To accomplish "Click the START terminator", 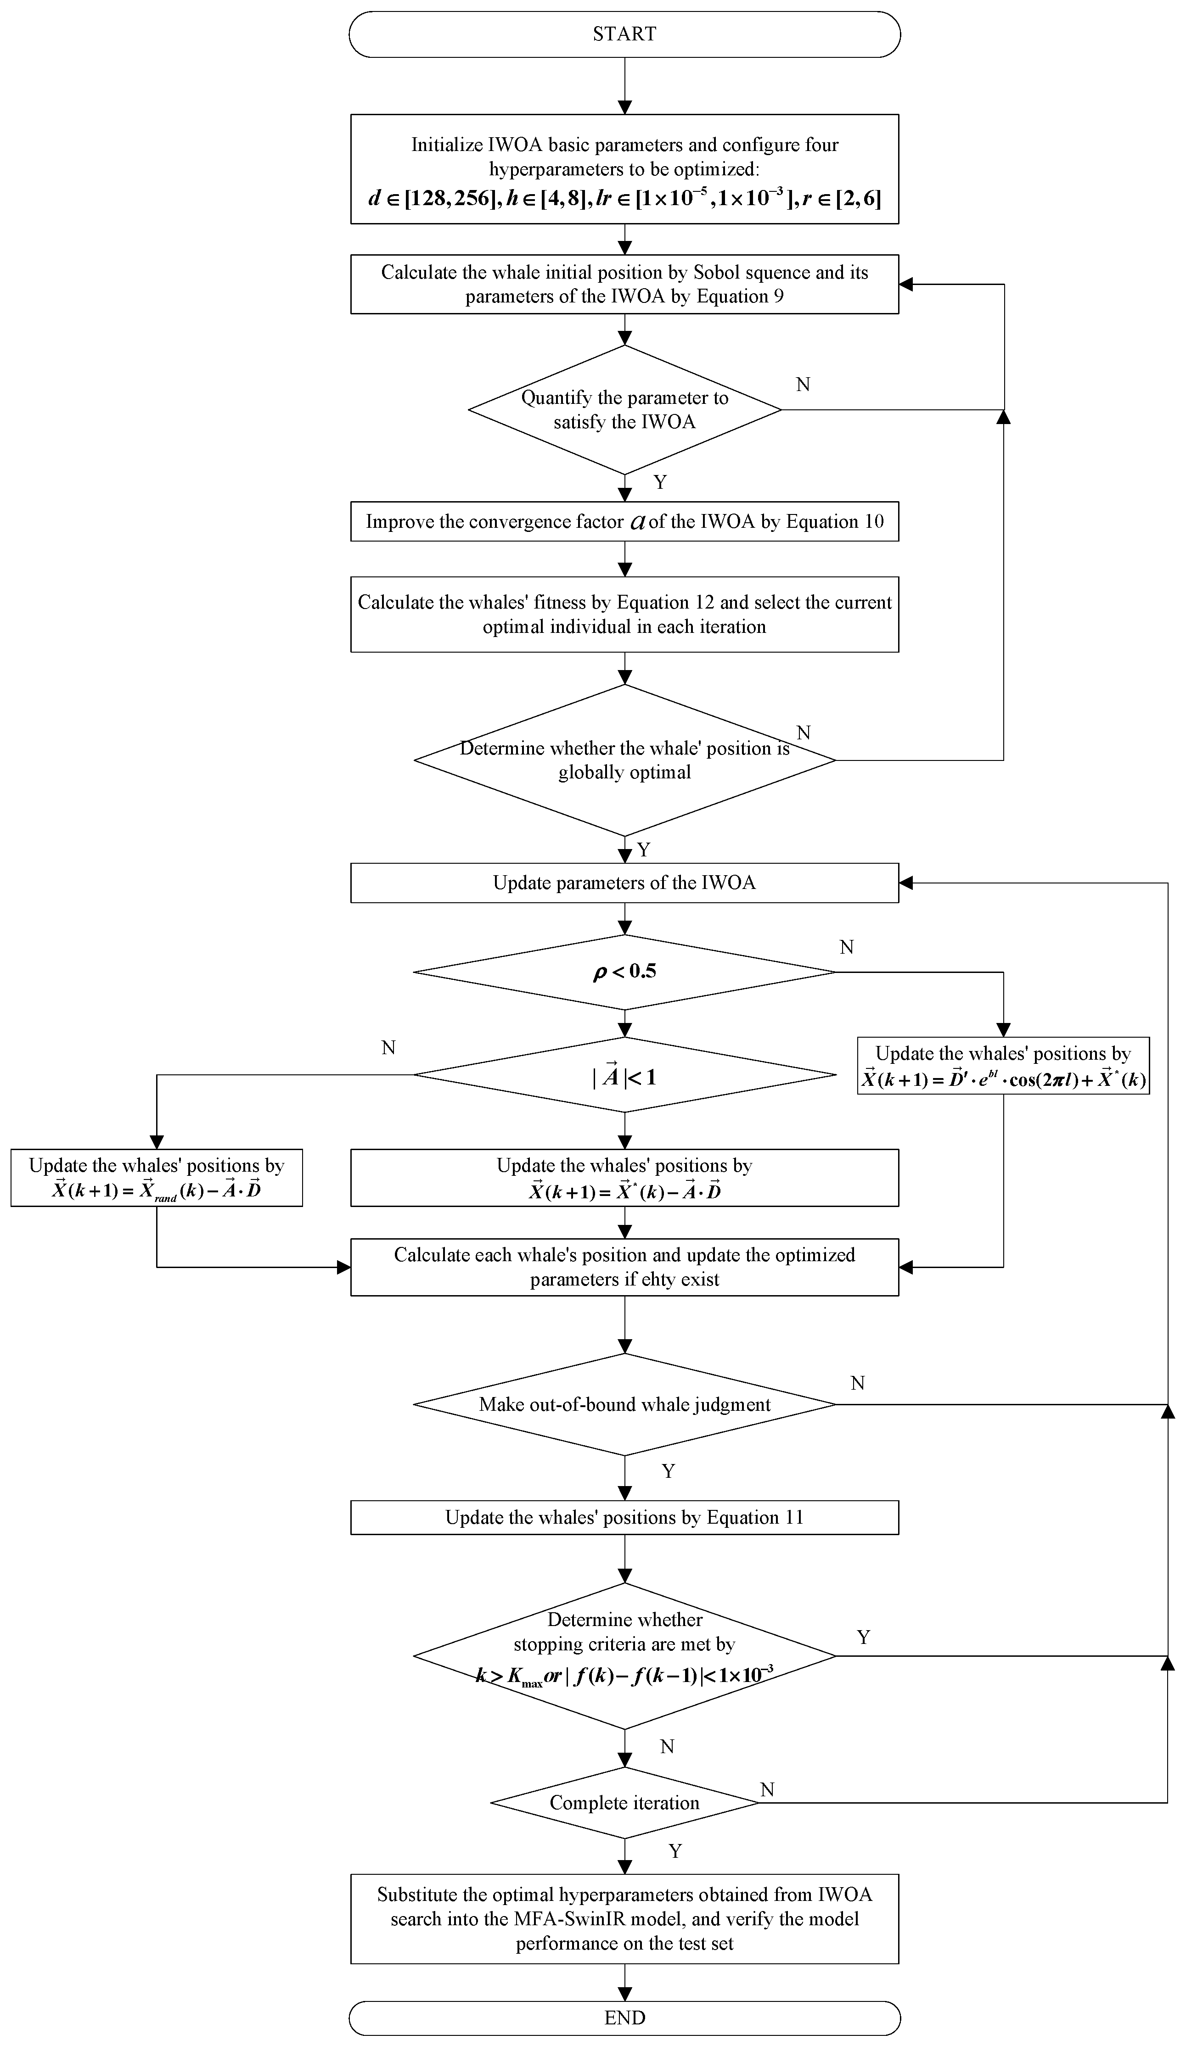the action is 624,34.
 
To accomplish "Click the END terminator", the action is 624,2017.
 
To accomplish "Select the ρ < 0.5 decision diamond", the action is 624,972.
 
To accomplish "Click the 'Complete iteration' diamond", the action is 624,1802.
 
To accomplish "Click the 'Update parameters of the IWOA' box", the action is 624,883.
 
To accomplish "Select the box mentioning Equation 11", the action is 624,1517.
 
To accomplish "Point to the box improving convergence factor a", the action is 624,522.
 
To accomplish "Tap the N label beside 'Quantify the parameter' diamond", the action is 803,384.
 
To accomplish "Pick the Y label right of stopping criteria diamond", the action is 864,1637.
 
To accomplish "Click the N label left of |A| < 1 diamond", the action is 388,1047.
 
